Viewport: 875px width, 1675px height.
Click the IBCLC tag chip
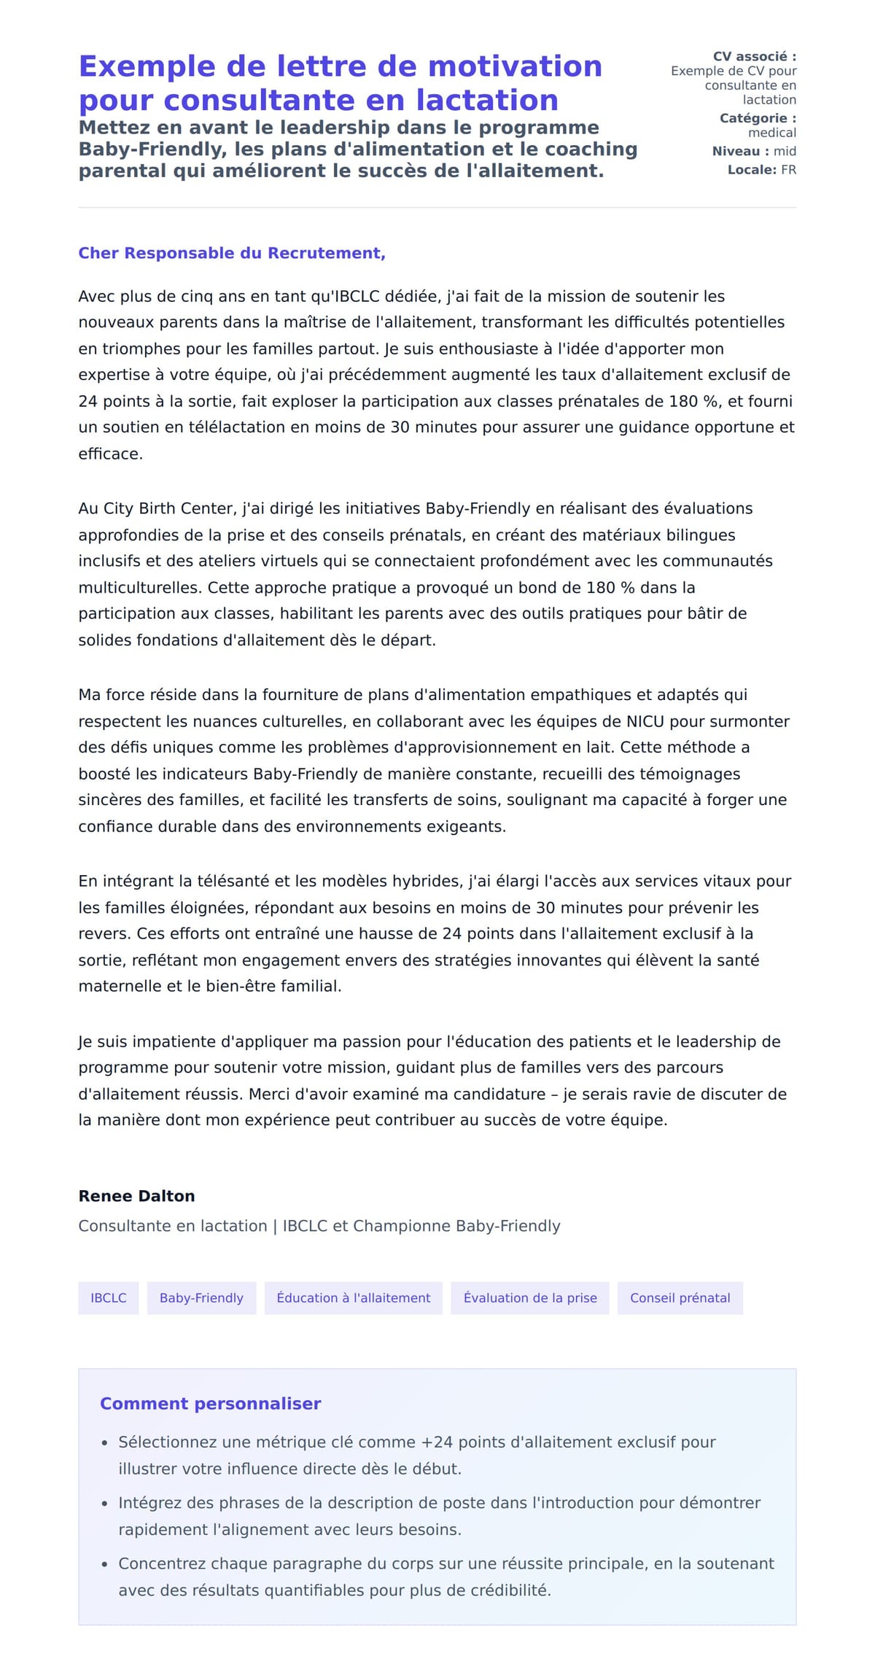click(x=108, y=1298)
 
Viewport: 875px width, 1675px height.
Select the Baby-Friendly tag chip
click(x=201, y=1298)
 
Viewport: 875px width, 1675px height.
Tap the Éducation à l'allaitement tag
click(x=353, y=1298)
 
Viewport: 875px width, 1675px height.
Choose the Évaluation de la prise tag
click(x=529, y=1298)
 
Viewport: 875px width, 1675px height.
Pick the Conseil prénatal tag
click(x=680, y=1298)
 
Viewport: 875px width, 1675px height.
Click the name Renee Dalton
click(x=136, y=1196)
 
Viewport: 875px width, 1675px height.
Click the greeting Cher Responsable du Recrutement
click(x=231, y=253)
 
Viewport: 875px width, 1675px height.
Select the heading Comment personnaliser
click(x=210, y=1404)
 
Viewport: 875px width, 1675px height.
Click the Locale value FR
click(x=788, y=170)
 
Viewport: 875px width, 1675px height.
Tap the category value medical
click(x=771, y=133)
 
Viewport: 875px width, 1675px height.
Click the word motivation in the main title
click(x=515, y=66)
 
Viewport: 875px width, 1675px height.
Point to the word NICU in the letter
click(x=645, y=721)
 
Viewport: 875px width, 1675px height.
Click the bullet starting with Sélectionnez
click(x=416, y=1442)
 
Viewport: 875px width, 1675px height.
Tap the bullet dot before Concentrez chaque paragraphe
click(x=104, y=1564)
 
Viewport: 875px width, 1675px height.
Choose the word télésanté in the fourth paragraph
click(x=236, y=881)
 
